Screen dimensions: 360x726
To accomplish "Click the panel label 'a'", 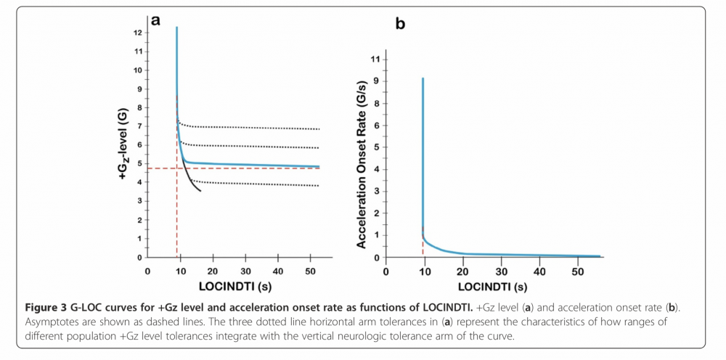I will [155, 20].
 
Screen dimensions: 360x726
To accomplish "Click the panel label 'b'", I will [400, 24].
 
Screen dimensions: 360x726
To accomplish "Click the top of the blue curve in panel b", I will [423, 78].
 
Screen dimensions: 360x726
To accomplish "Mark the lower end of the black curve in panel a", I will [200, 191].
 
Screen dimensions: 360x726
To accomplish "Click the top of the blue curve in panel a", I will [176, 28].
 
